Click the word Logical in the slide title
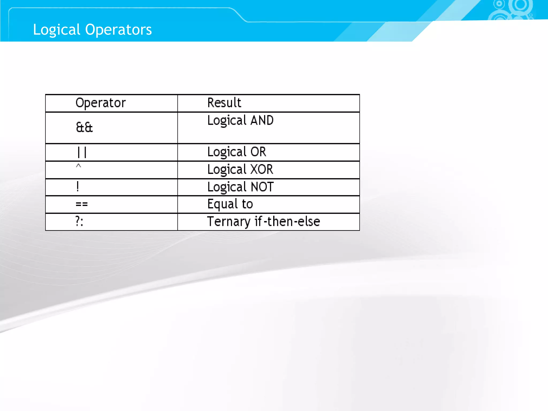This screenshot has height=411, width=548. pos(56,30)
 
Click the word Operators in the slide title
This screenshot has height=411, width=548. pos(118,30)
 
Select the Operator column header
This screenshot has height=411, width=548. pos(100,103)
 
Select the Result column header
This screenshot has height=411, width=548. pos(224,103)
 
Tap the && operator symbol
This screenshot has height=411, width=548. pos(84,127)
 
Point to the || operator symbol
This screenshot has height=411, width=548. pos(82,153)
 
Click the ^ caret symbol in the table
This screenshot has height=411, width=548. pos(78,166)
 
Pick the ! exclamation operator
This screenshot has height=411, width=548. pos(78,187)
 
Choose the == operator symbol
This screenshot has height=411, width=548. pos(82,204)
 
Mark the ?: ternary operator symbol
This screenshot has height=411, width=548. pos(79,222)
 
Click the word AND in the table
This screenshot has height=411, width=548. pos(262,120)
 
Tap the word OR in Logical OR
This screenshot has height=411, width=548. pos(258,152)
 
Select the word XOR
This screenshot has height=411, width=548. pos(262,169)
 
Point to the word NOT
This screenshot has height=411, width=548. pos(262,187)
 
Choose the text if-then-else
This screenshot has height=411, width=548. pos(287,222)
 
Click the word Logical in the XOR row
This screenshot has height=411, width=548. pos(227,170)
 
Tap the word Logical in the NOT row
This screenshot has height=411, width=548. pos(227,187)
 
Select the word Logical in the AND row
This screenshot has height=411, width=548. pos(227,121)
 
